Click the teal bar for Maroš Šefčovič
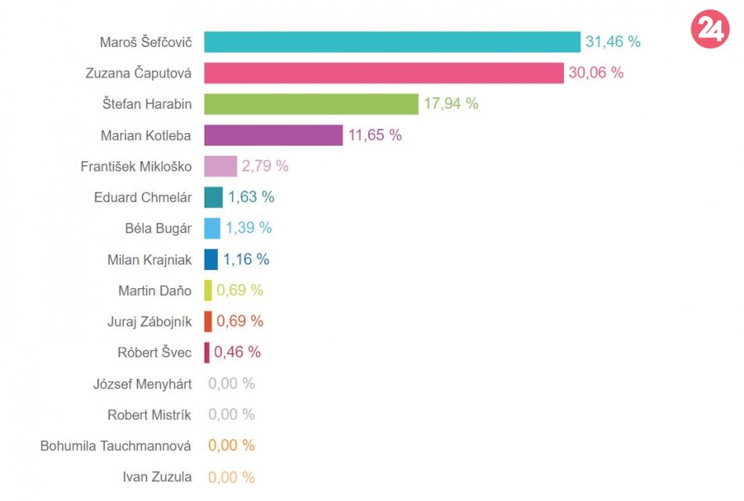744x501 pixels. pos(392,41)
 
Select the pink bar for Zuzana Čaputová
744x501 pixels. pos(384,73)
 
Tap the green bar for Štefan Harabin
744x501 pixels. pos(311,103)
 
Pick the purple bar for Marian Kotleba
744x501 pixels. pos(273,135)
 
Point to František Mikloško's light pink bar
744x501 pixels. pos(220,166)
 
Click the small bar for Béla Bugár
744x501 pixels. pos(212,228)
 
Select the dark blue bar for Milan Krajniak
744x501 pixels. pos(211,259)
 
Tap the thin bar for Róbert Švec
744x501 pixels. pos(207,352)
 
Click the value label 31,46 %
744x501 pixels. pos(612,41)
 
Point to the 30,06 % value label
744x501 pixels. pos(596,73)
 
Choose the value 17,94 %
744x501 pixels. pos(450,103)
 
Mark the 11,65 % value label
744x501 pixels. pos(374,135)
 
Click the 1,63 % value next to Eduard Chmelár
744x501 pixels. pos(251,197)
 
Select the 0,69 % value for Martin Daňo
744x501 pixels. pos(240,290)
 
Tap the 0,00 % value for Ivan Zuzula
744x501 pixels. pos(231,477)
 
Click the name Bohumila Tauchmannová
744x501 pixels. pos(116,445)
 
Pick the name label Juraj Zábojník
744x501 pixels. pos(150,321)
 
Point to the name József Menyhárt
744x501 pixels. pos(143,384)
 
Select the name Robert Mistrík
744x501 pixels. pos(150,414)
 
